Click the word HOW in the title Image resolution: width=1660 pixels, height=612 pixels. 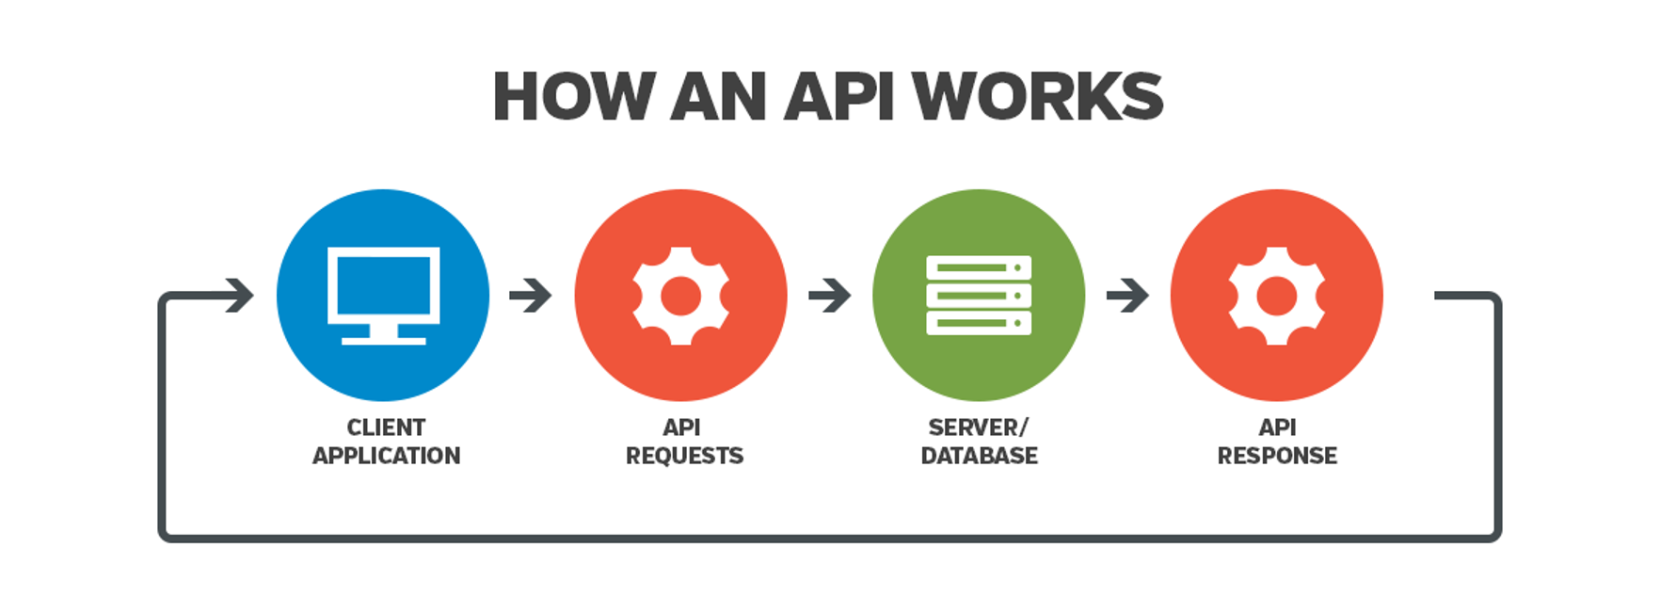(x=573, y=97)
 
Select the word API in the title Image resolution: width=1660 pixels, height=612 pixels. (x=839, y=97)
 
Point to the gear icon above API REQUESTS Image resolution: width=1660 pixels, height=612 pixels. (x=680, y=296)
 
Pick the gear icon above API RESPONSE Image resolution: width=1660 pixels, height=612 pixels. (x=1276, y=296)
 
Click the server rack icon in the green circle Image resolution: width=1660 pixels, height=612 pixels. (x=979, y=296)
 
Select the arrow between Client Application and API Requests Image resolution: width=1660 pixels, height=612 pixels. (x=531, y=296)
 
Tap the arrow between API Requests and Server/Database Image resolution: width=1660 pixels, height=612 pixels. (x=829, y=296)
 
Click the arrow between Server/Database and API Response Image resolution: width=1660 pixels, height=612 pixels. (x=1127, y=296)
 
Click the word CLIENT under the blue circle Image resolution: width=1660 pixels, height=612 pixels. (x=386, y=427)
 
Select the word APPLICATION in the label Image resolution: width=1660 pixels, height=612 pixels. (x=386, y=456)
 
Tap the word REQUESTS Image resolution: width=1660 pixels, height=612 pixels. (x=684, y=456)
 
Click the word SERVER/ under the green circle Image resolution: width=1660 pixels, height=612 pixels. (x=979, y=427)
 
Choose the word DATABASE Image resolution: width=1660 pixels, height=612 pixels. (x=979, y=456)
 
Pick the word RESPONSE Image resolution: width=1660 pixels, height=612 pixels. (x=1277, y=456)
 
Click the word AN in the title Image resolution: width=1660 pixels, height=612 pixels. (x=718, y=97)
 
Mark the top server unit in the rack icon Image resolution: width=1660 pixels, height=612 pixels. (x=979, y=267)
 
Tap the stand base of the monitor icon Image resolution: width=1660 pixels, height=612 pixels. (x=383, y=339)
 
